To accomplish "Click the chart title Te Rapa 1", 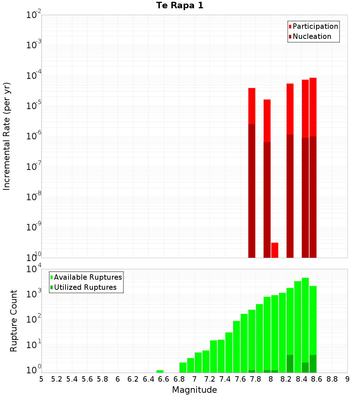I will pos(180,6).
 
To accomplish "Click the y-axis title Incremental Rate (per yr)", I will pos(7,136).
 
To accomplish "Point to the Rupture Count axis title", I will pos(14,321).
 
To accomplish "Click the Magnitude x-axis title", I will pos(194,390).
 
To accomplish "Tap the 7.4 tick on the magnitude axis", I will pos(225,379).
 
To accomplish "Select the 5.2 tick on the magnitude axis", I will pos(57,379).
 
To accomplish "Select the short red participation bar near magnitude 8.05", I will pos(275,250).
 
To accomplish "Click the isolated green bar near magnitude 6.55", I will pos(160,371).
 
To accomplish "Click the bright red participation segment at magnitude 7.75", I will pos(252,106).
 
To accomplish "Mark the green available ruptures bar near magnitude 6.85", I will pos(183,368).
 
